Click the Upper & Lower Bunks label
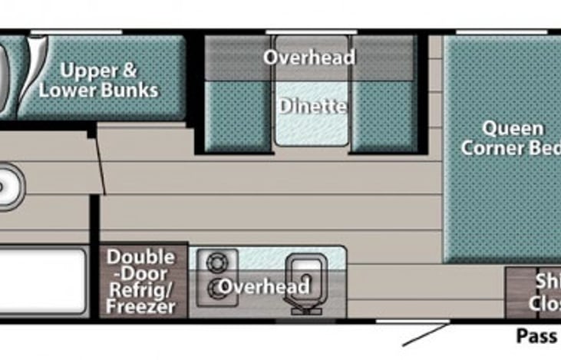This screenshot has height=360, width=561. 110,81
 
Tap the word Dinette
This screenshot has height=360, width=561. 312,106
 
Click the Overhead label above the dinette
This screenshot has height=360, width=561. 309,58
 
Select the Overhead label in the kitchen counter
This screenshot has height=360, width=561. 264,287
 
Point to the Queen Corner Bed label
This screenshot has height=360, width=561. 511,138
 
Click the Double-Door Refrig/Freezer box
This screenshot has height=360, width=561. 141,281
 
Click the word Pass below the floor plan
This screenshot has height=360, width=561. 536,335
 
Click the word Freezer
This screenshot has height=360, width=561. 141,307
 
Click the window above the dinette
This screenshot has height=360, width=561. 311,31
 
